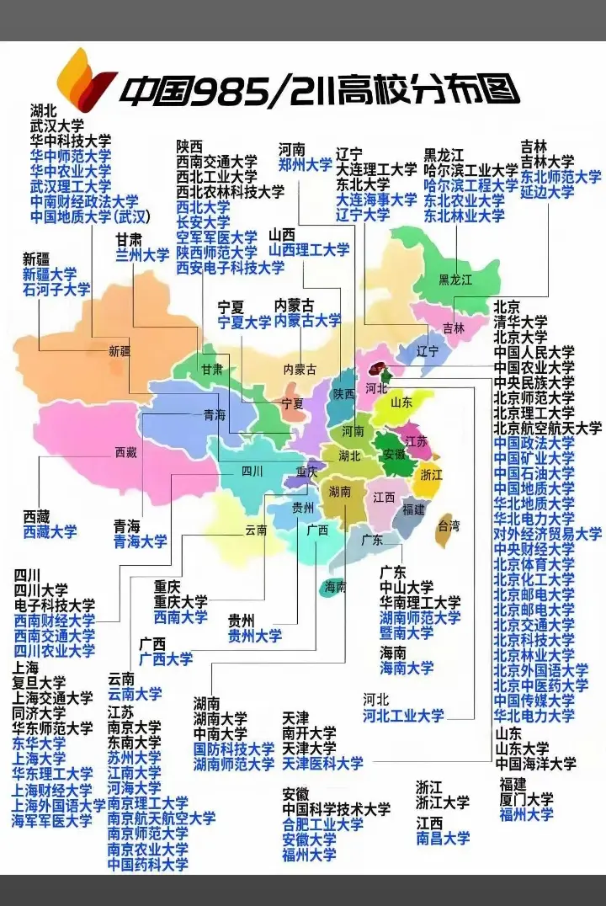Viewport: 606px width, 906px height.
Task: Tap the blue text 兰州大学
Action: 142,254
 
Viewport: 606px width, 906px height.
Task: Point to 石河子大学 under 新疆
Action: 56,290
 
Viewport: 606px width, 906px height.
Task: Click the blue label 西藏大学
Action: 50,532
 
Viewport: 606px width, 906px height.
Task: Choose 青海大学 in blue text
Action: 141,541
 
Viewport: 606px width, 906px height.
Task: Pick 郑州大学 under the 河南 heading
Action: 306,165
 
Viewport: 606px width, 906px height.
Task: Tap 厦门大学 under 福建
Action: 526,799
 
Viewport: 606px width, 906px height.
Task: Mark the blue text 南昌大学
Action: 443,838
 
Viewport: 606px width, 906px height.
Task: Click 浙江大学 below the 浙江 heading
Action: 443,802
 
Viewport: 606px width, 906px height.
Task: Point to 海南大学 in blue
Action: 407,669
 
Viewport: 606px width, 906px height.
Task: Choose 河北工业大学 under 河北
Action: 403,716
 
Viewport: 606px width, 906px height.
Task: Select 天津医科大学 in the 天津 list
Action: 323,764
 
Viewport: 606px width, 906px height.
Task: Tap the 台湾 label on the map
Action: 449,527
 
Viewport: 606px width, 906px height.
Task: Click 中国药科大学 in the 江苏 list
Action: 148,864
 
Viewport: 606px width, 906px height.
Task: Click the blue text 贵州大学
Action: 255,636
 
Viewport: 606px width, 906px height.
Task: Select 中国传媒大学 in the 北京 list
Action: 534,701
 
